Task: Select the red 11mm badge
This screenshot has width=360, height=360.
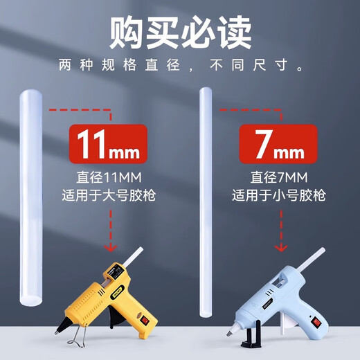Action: (108, 144)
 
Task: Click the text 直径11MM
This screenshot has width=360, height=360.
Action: (109, 178)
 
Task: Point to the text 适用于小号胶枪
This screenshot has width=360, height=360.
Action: (280, 196)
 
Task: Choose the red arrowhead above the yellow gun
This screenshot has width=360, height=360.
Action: (108, 247)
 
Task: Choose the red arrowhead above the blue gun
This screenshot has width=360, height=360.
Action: (280, 247)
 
